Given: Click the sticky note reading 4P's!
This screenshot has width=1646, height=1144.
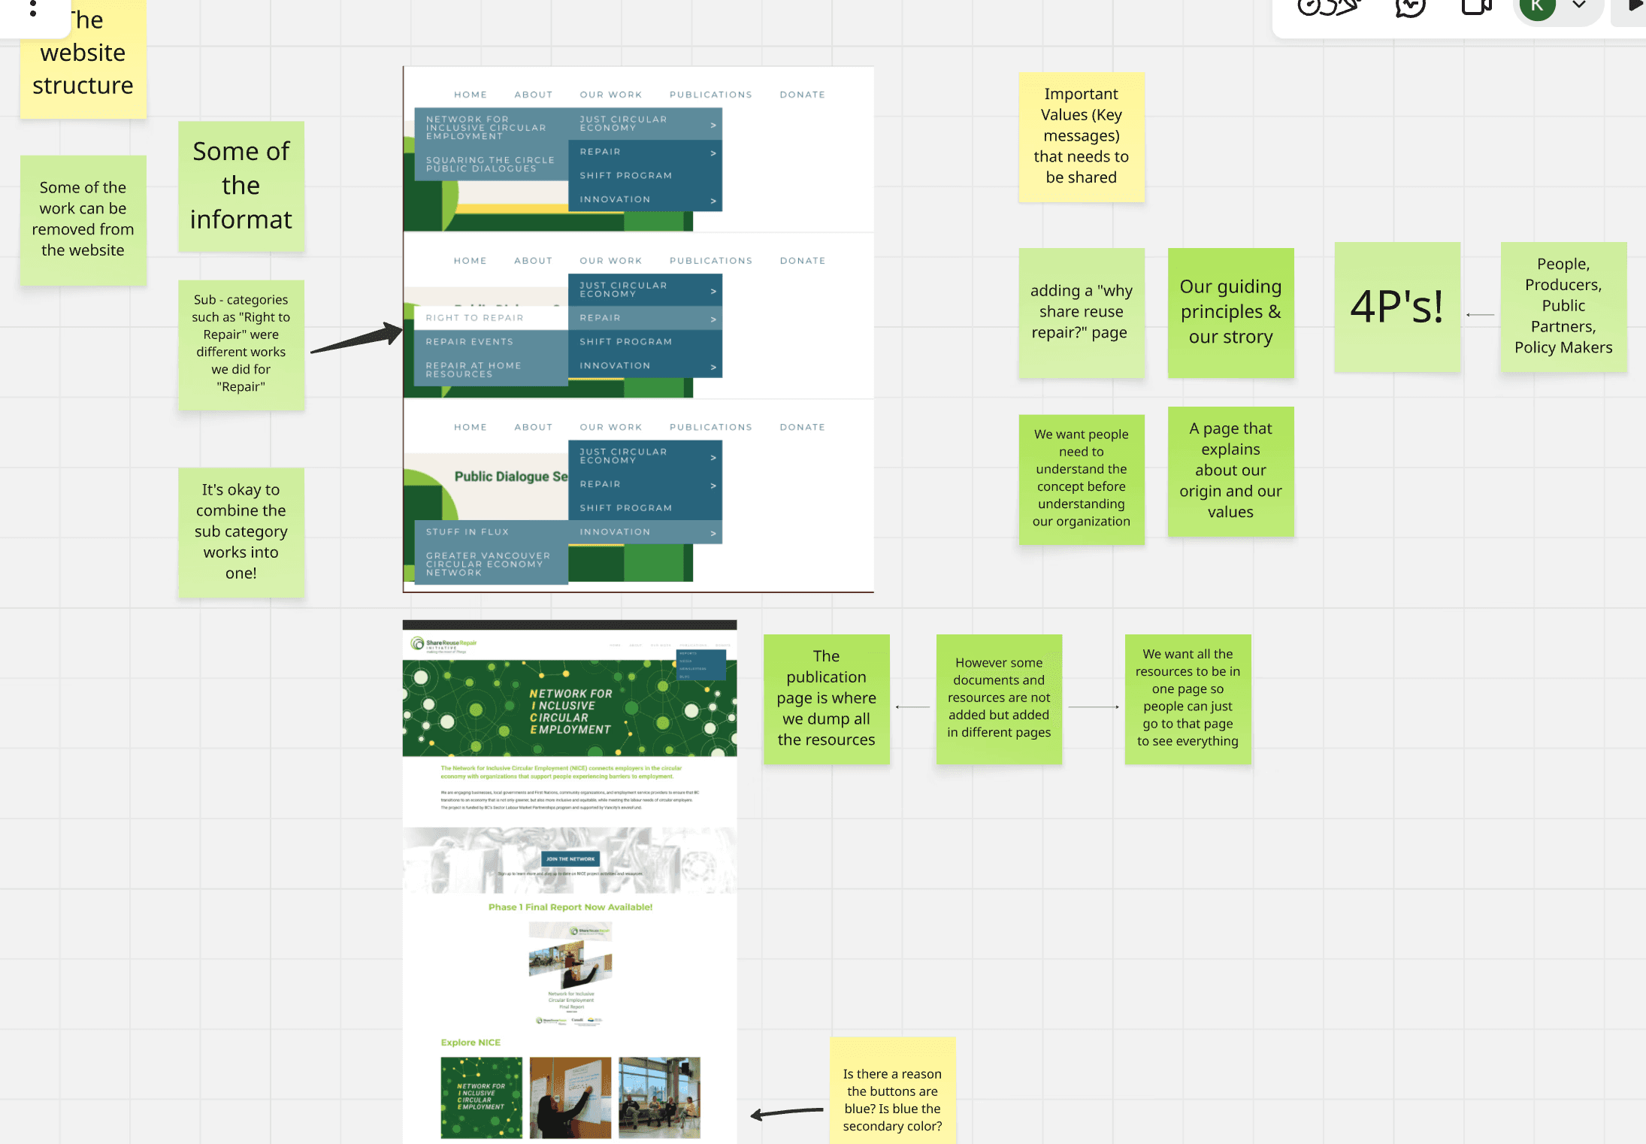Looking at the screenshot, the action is (x=1396, y=307).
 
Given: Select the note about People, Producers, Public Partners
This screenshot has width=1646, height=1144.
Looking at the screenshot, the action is (x=1563, y=306).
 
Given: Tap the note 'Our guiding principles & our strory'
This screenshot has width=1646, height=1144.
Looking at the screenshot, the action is (x=1230, y=312).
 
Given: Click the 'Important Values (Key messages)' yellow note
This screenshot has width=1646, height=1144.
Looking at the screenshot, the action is (x=1081, y=136).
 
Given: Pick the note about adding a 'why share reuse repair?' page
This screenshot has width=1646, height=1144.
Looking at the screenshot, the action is (x=1081, y=312).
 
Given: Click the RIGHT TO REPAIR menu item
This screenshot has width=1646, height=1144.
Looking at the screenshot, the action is (x=475, y=318).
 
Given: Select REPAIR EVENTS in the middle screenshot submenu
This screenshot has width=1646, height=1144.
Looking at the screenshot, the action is (x=470, y=342).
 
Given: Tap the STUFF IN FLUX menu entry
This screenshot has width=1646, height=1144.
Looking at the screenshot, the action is (x=467, y=532).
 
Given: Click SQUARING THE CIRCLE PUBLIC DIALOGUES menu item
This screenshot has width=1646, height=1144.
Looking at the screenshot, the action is (x=490, y=165).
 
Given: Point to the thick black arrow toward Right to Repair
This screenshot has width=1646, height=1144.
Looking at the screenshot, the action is (x=357, y=339).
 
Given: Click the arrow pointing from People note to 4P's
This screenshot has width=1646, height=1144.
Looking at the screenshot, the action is (x=1480, y=315).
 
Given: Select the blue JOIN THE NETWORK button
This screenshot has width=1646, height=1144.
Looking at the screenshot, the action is (x=570, y=859).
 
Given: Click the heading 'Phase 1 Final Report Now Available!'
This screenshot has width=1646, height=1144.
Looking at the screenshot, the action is (x=570, y=907).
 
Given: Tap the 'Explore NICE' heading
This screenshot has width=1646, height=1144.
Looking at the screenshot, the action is (x=471, y=1043).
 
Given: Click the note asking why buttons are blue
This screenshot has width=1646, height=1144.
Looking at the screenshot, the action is (x=892, y=1099).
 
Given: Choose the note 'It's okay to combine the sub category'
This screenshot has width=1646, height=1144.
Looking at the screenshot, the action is (x=241, y=531).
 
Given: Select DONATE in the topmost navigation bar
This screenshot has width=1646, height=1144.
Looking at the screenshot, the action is (x=802, y=95).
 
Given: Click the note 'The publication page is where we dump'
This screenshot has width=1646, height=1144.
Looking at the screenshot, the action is (x=826, y=698).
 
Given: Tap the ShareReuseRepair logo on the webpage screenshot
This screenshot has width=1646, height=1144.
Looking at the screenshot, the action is (x=444, y=644).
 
